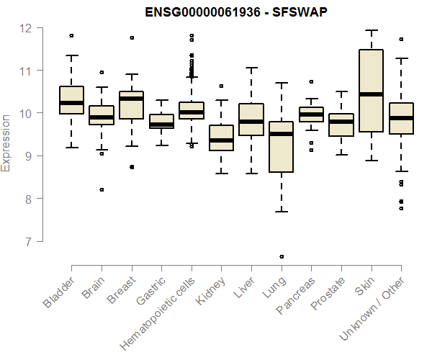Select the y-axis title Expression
point(6,141)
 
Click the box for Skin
point(371,91)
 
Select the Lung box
point(281,148)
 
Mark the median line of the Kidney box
point(221,140)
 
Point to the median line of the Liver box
point(251,122)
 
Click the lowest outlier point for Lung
point(281,256)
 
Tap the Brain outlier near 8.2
point(102,189)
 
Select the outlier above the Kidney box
point(221,86)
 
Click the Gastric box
point(161,121)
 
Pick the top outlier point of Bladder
point(71,35)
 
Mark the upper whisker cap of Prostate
point(341,91)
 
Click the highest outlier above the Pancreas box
point(311,81)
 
